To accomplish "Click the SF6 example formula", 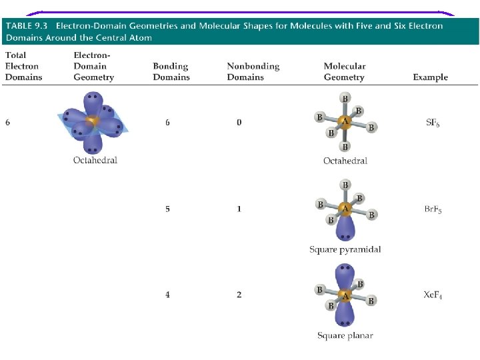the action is click(x=433, y=123).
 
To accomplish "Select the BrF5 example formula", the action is click(x=433, y=209).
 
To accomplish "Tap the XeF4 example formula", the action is click(x=433, y=295).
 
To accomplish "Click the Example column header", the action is click(x=430, y=77).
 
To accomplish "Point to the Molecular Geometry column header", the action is click(x=345, y=72).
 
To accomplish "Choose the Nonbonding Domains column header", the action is click(x=253, y=72).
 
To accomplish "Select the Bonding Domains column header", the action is click(x=171, y=72).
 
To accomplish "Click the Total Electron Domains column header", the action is click(x=23, y=66).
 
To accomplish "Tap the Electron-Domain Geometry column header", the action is click(x=93, y=66).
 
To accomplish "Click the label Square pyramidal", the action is click(x=345, y=250).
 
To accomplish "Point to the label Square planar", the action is click(x=345, y=335).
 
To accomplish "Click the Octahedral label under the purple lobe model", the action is click(x=95, y=161).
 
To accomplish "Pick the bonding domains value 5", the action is click(x=168, y=209).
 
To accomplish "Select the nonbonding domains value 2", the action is click(x=239, y=295).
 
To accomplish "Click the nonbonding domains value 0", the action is click(x=239, y=123).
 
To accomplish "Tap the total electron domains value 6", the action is click(x=8, y=123).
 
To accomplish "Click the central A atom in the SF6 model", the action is click(x=345, y=122).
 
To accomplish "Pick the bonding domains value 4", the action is click(x=168, y=295).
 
